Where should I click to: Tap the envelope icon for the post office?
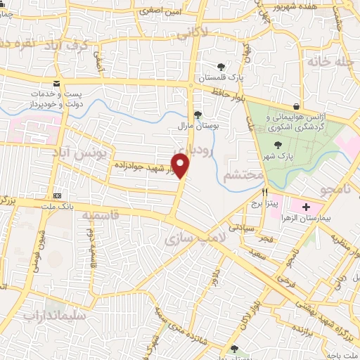click(x=56, y=83)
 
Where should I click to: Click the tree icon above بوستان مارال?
click(x=198, y=115)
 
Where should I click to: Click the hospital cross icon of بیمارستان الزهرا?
click(x=307, y=207)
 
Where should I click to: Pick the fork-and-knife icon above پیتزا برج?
click(x=265, y=192)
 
